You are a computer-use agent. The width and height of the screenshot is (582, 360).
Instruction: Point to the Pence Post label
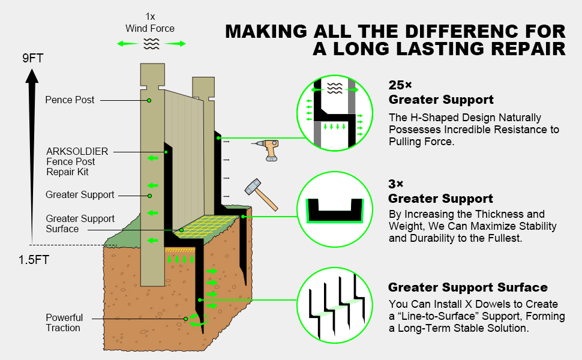point(70,100)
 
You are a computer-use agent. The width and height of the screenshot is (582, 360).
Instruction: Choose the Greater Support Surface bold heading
point(468,287)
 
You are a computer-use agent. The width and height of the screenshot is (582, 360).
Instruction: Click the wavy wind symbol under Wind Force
point(150,43)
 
